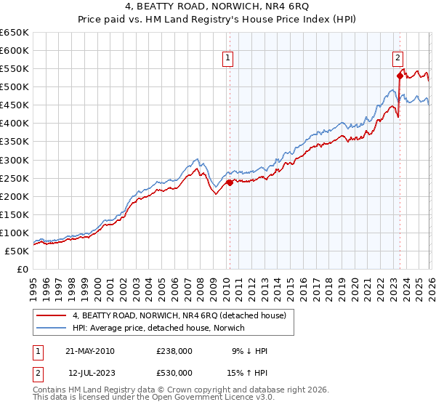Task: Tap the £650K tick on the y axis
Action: tap(15, 33)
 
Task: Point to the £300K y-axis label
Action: tap(15, 160)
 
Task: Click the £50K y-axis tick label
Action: tap(17, 251)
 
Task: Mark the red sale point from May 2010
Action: tap(230, 182)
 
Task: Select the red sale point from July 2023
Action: tap(399, 76)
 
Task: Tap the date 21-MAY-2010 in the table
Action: tap(90, 351)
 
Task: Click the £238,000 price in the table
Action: tap(174, 351)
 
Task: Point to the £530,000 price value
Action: tap(174, 373)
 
